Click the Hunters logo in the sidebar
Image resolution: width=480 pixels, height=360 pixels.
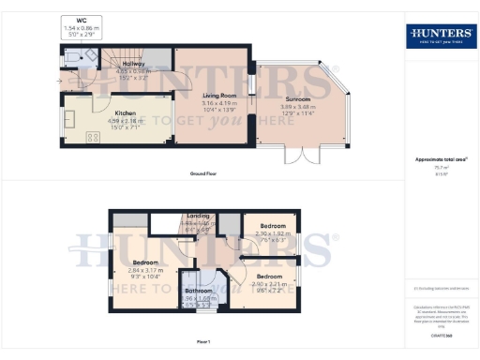(441, 37)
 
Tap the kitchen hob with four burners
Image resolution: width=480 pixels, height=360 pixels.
(94, 137)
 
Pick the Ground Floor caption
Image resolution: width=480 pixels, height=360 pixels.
(204, 174)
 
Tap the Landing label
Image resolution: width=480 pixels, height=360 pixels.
(199, 217)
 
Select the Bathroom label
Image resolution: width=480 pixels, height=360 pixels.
(198, 292)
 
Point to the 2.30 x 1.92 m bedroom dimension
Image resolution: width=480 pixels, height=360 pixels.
(272, 233)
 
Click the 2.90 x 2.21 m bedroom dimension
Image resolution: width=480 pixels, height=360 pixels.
(270, 284)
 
